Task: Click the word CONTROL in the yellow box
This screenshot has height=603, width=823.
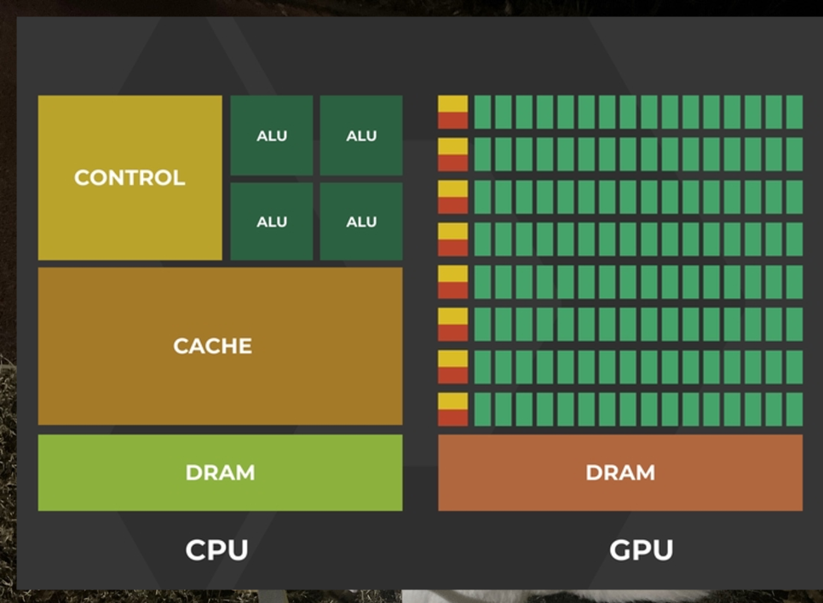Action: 129,178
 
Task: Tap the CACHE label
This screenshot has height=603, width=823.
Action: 213,347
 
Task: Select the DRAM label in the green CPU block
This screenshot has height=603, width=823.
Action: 220,473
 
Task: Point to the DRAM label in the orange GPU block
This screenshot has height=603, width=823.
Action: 620,473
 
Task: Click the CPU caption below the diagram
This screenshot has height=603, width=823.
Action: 216,549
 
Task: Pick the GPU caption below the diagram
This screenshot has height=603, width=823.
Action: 641,549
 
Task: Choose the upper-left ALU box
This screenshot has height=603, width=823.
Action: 272,135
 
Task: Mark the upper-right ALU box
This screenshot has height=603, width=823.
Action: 361,135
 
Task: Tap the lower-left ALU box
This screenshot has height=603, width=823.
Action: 272,221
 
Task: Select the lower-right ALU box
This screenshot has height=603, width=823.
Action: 361,221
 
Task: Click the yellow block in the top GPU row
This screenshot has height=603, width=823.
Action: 453,103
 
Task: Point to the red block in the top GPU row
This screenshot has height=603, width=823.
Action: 453,120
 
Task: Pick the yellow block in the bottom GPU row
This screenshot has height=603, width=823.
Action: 453,401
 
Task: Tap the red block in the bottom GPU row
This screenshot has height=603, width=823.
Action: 453,418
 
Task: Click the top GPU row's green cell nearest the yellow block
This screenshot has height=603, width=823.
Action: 482,112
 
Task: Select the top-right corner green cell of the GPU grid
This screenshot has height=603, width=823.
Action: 794,112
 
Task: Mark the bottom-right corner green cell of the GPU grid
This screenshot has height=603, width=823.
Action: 794,410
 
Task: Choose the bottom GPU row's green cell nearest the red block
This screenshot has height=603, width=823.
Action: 482,410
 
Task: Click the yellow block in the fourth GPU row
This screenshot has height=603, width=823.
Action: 453,231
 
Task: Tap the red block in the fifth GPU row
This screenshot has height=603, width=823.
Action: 453,290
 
